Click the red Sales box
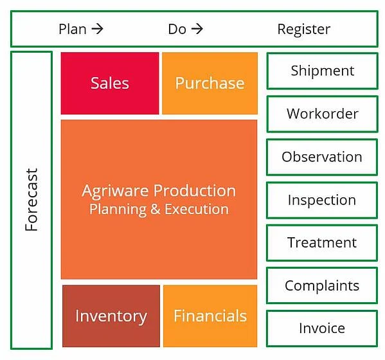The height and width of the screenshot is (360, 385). click(110, 83)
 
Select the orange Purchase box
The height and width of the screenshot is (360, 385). click(210, 83)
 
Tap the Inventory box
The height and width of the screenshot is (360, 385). click(111, 316)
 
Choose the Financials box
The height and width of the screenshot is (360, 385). click(210, 316)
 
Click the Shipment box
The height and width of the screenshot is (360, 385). click(323, 71)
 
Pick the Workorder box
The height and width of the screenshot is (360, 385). click(323, 114)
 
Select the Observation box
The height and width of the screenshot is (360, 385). click(322, 157)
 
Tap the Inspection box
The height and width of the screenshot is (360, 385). click(322, 200)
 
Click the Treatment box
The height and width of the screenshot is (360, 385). click(322, 243)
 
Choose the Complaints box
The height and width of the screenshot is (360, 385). click(322, 285)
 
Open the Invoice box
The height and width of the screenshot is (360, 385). click(322, 328)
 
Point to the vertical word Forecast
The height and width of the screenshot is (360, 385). click(31, 200)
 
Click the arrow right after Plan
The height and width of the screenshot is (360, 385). click(97, 29)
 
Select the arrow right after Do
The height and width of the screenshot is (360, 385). click(197, 29)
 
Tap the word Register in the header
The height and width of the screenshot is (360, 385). click(304, 30)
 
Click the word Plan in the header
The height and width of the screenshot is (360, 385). click(73, 29)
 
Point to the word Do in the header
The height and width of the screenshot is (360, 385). click(177, 29)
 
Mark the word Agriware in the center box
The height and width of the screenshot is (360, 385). click(115, 192)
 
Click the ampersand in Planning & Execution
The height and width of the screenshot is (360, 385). click(155, 209)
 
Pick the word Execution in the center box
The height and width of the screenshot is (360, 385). click(197, 209)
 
